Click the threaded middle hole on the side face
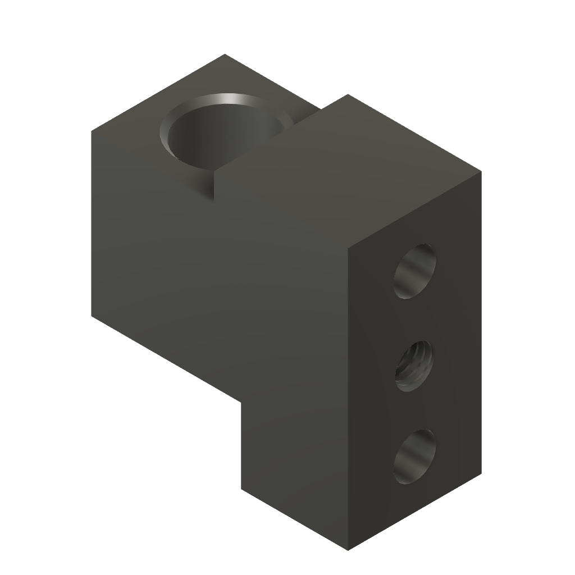(x=414, y=366)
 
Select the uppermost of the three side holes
(x=416, y=271)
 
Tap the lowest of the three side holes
(x=414, y=457)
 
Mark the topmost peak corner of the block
(x=225, y=54)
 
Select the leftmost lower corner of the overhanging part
(x=92, y=318)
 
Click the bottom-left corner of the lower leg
(x=242, y=489)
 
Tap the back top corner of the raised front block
(x=349, y=94)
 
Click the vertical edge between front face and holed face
(x=349, y=393)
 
